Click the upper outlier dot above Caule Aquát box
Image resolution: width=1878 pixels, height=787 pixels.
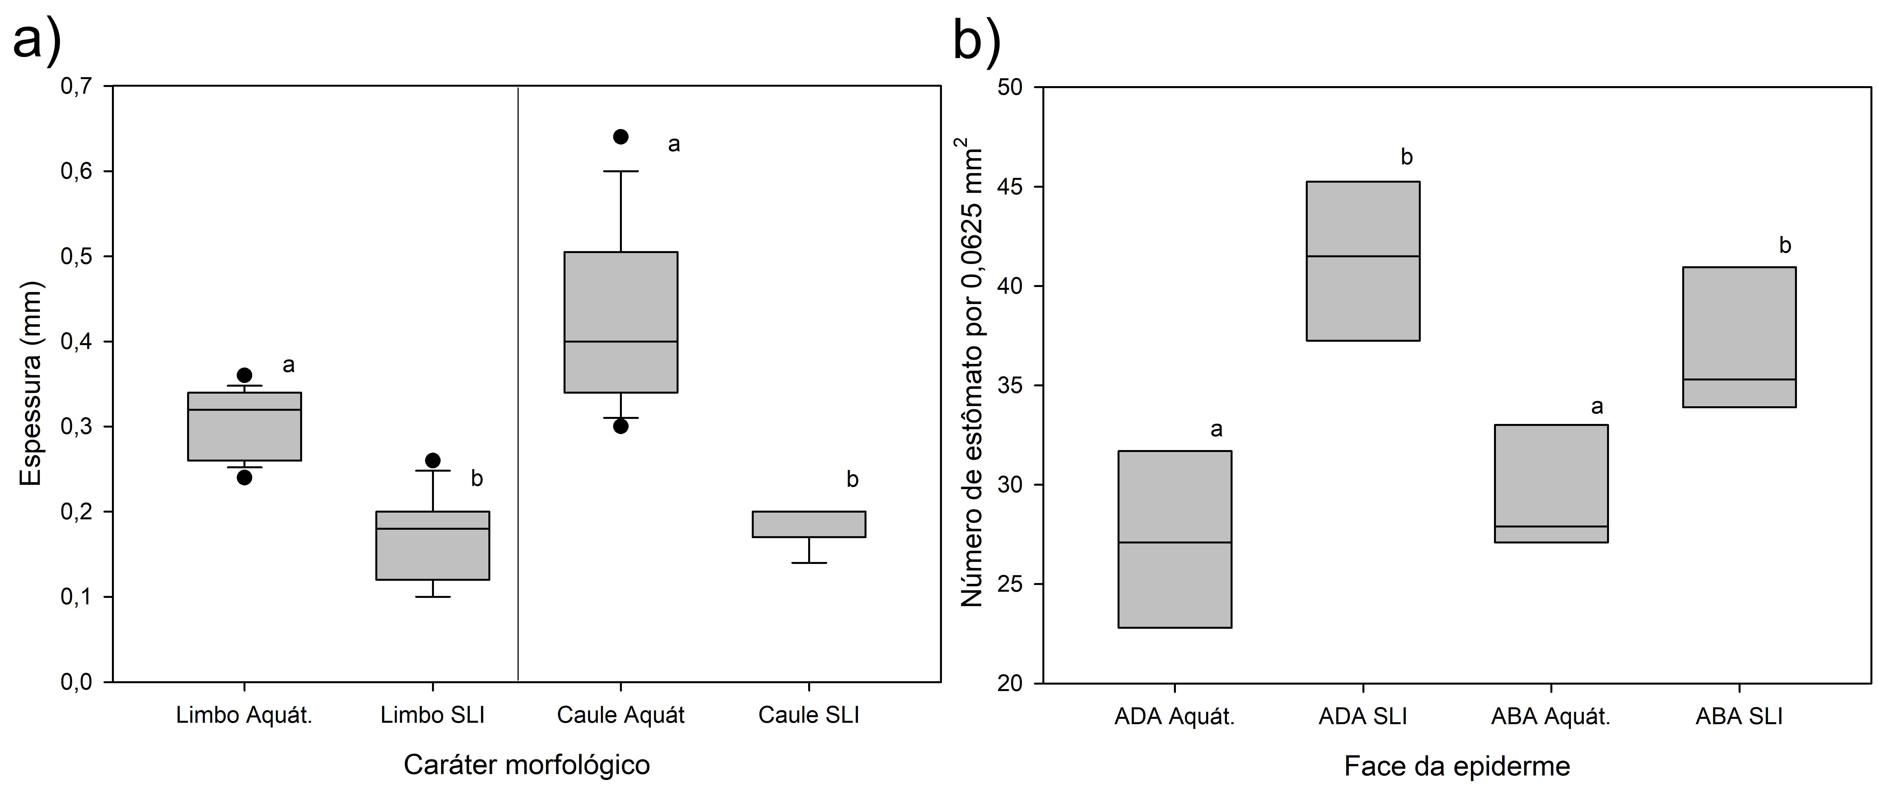pos(620,136)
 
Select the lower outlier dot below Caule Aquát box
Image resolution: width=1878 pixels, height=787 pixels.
pos(620,426)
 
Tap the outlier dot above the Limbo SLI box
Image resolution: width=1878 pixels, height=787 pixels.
pos(432,460)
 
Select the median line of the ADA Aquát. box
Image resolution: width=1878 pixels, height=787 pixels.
pos(1174,543)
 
